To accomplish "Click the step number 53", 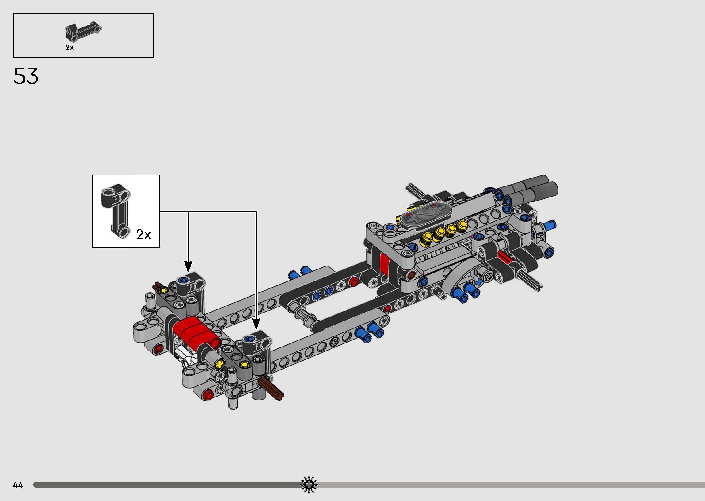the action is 26,76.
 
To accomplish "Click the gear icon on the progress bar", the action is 309,485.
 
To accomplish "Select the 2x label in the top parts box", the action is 69,47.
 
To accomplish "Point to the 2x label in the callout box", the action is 143,235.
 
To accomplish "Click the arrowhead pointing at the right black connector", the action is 256,324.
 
